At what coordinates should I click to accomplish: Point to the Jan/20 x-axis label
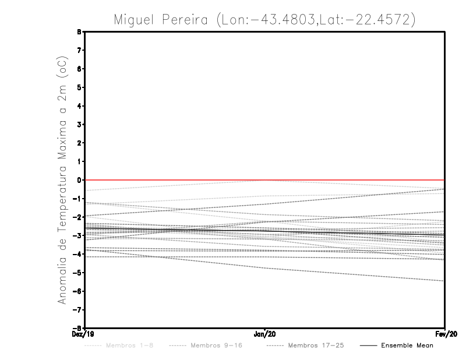[265, 334]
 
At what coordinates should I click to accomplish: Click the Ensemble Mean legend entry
[407, 345]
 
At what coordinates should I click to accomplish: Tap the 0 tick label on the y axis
[79, 180]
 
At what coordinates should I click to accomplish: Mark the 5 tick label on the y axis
[79, 87]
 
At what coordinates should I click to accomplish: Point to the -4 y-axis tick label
[78, 254]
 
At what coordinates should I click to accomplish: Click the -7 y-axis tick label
[78, 309]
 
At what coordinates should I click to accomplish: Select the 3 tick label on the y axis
[79, 125]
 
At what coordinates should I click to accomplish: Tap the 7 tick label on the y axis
[79, 51]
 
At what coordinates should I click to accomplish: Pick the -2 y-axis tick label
[78, 217]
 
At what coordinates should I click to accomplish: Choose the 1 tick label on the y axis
[79, 161]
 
